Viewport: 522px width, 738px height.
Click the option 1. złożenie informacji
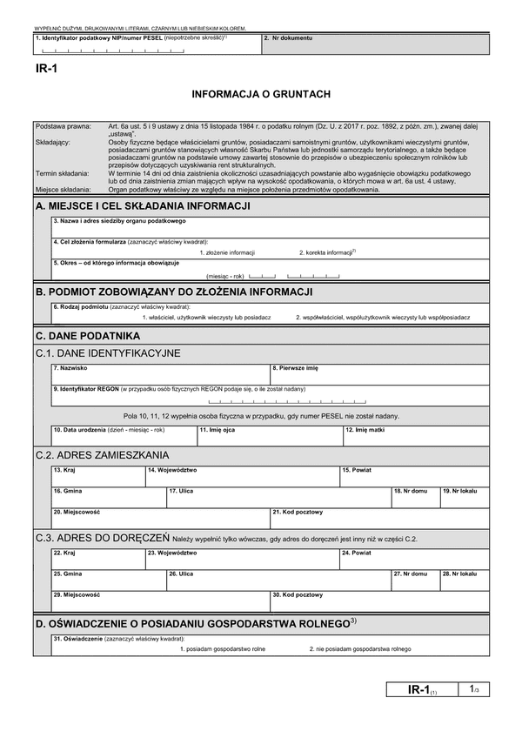[227, 252]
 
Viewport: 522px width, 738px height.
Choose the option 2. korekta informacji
[328, 252]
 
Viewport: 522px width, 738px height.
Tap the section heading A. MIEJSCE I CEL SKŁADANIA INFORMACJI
[144, 206]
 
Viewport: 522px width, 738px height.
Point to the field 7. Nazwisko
[160, 374]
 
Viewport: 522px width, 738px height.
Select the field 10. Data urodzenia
[124, 434]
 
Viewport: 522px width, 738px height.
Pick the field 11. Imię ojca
[270, 434]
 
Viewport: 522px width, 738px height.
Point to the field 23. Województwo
[241, 558]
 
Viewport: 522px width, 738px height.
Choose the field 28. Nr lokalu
[459, 579]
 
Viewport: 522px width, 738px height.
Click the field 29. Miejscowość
[160, 600]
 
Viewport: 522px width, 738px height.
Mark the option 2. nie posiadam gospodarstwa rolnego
[359, 649]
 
